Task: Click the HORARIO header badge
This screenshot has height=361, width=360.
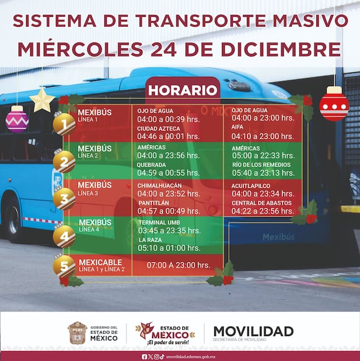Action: [x=183, y=90]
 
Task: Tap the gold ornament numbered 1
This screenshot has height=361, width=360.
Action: [x=64, y=123]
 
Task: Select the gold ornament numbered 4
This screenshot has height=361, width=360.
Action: [x=64, y=236]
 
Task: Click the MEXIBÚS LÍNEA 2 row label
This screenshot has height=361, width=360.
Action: [x=94, y=151]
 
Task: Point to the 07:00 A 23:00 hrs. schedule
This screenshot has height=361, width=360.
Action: [x=178, y=265]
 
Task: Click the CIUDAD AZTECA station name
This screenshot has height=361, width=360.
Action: [x=159, y=128]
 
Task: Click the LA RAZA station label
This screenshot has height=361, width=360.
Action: [x=150, y=239]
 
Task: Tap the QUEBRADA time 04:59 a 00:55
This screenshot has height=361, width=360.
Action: [x=168, y=173]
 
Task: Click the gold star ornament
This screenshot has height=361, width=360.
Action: [x=42, y=100]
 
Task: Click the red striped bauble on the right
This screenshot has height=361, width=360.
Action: [x=334, y=105]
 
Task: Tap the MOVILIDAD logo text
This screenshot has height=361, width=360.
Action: [x=253, y=331]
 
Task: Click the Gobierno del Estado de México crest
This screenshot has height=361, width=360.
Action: [x=77, y=333]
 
